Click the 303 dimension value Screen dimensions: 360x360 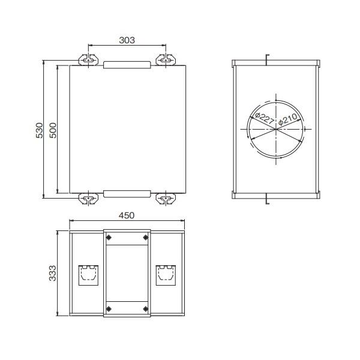[127, 40]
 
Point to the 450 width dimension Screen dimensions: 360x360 [126, 215]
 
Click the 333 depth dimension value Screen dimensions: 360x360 [52, 273]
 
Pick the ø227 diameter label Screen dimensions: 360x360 [264, 117]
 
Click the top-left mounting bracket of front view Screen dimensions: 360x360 [88, 59]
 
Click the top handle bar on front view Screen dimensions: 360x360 [126, 64]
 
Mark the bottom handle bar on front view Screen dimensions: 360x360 [126, 193]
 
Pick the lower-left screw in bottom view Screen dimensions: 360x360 [109, 309]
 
